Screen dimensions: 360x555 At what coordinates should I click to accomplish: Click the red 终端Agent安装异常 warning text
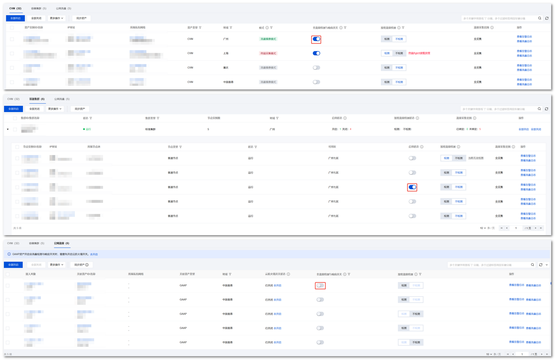click(419, 53)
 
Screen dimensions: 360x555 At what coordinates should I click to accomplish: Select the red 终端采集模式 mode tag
click(268, 53)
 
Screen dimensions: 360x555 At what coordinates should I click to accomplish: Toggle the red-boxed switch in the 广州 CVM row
click(316, 39)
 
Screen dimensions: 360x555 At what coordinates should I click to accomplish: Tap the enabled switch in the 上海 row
click(316, 53)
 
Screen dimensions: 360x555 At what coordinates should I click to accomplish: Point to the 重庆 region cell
click(226, 68)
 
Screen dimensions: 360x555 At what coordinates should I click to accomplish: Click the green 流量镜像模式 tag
click(268, 39)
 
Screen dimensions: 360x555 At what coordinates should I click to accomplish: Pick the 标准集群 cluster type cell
click(150, 129)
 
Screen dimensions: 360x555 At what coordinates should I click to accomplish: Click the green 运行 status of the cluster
click(88, 129)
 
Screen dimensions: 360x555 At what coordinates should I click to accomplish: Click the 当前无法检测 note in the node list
click(476, 158)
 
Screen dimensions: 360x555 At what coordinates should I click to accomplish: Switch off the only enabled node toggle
click(412, 187)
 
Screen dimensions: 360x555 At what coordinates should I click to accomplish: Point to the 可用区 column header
click(332, 147)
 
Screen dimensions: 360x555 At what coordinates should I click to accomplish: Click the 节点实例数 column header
click(214, 118)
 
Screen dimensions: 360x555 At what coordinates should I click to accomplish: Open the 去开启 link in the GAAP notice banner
click(94, 255)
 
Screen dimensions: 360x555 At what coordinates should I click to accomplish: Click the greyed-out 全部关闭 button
click(36, 265)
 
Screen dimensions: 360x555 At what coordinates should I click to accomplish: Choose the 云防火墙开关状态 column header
click(275, 274)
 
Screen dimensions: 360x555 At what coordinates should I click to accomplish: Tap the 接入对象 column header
click(31, 274)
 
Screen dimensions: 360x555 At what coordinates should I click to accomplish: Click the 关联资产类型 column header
click(187, 274)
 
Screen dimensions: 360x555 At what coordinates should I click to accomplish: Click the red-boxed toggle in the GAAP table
click(320, 286)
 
